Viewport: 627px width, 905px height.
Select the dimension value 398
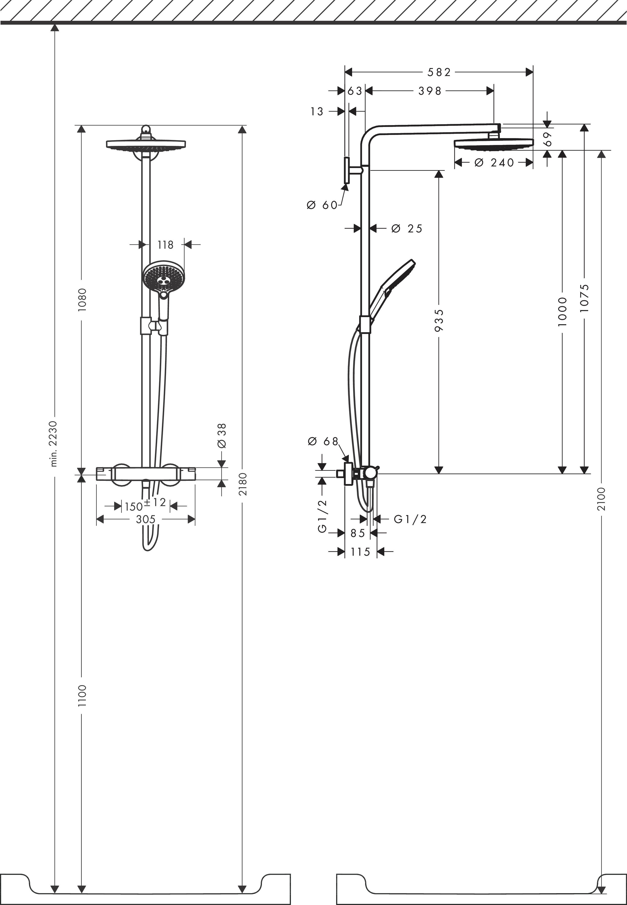click(430, 91)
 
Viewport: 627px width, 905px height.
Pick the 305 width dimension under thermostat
click(145, 519)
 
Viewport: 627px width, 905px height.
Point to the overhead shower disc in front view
click(146, 145)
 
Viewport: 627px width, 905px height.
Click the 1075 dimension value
click(585, 298)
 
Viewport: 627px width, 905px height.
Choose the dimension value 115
click(360, 552)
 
